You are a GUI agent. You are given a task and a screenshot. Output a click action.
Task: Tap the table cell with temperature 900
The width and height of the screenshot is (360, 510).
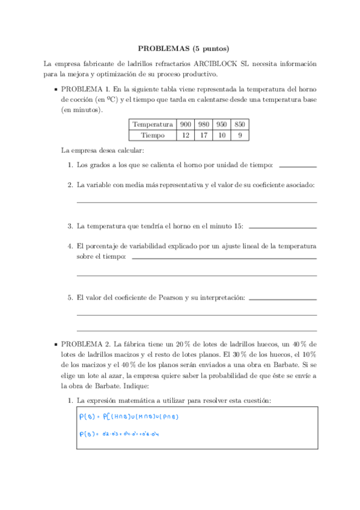185,124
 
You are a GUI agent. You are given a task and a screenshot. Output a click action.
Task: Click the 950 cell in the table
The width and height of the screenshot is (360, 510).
222,124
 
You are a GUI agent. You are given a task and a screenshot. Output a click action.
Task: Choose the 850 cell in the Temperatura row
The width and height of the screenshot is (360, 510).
240,124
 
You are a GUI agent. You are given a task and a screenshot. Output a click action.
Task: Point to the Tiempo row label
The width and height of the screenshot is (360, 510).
152,135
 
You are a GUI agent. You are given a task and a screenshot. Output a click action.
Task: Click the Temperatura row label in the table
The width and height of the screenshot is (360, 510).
152,124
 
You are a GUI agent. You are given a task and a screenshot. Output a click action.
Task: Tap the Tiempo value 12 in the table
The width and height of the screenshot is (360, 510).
185,135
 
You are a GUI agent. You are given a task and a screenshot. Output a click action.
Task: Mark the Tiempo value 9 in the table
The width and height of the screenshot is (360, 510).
240,135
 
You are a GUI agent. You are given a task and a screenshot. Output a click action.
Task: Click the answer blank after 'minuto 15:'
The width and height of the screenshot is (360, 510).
282,227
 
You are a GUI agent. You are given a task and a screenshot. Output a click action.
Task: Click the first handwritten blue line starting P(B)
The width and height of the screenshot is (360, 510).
129,417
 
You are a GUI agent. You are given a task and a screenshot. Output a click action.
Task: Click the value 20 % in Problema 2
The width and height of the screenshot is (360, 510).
165,344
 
